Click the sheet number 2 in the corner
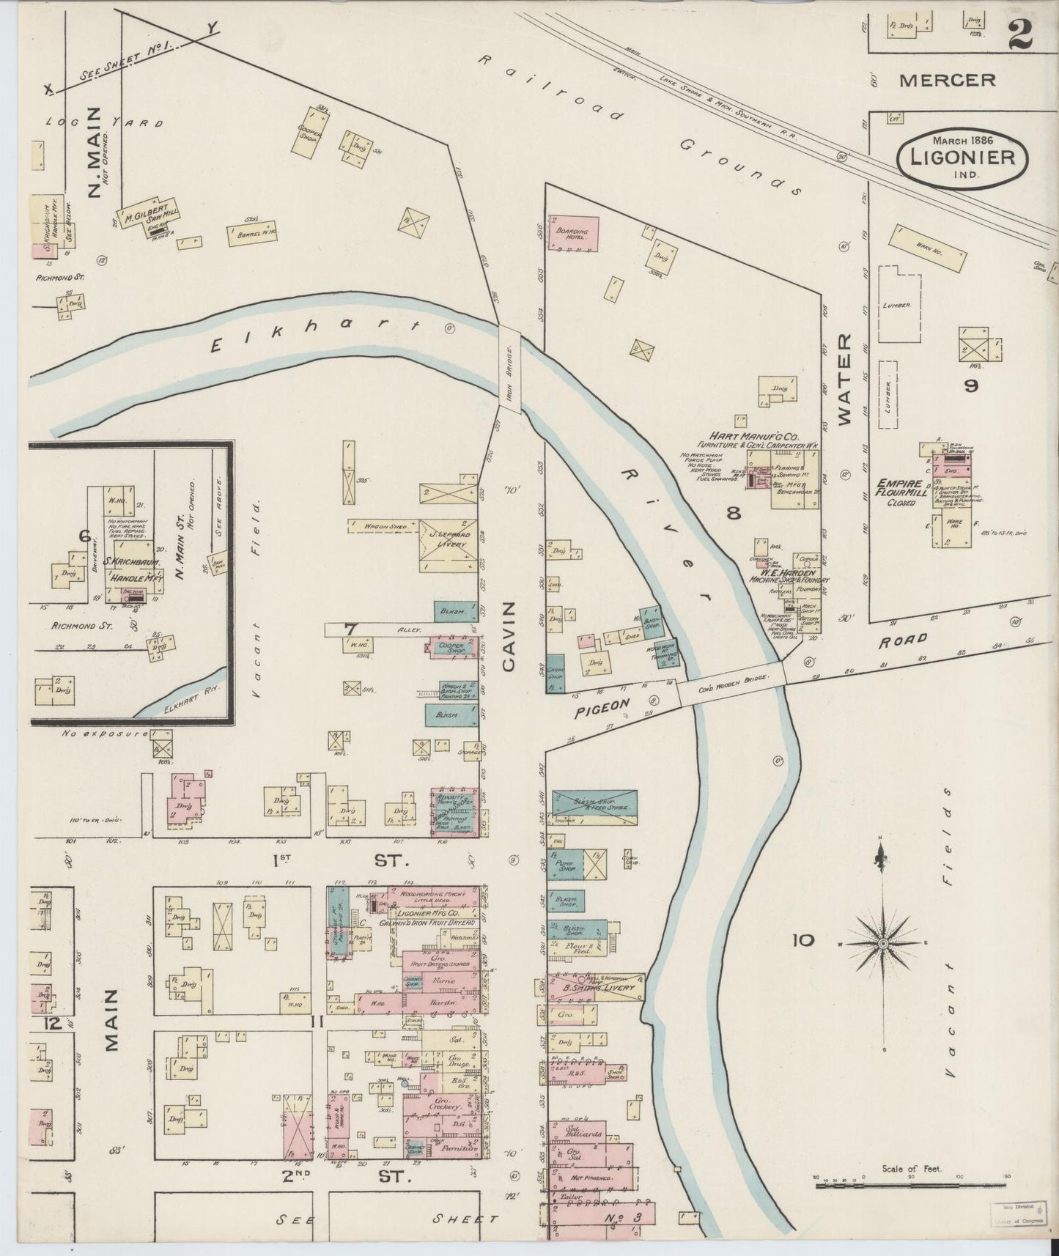(x=1019, y=34)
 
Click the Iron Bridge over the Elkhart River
(x=510, y=369)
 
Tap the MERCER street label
(x=947, y=80)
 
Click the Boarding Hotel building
(x=574, y=234)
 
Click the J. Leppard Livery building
(x=447, y=545)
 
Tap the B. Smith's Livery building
(x=595, y=988)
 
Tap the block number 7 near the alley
(x=350, y=628)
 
